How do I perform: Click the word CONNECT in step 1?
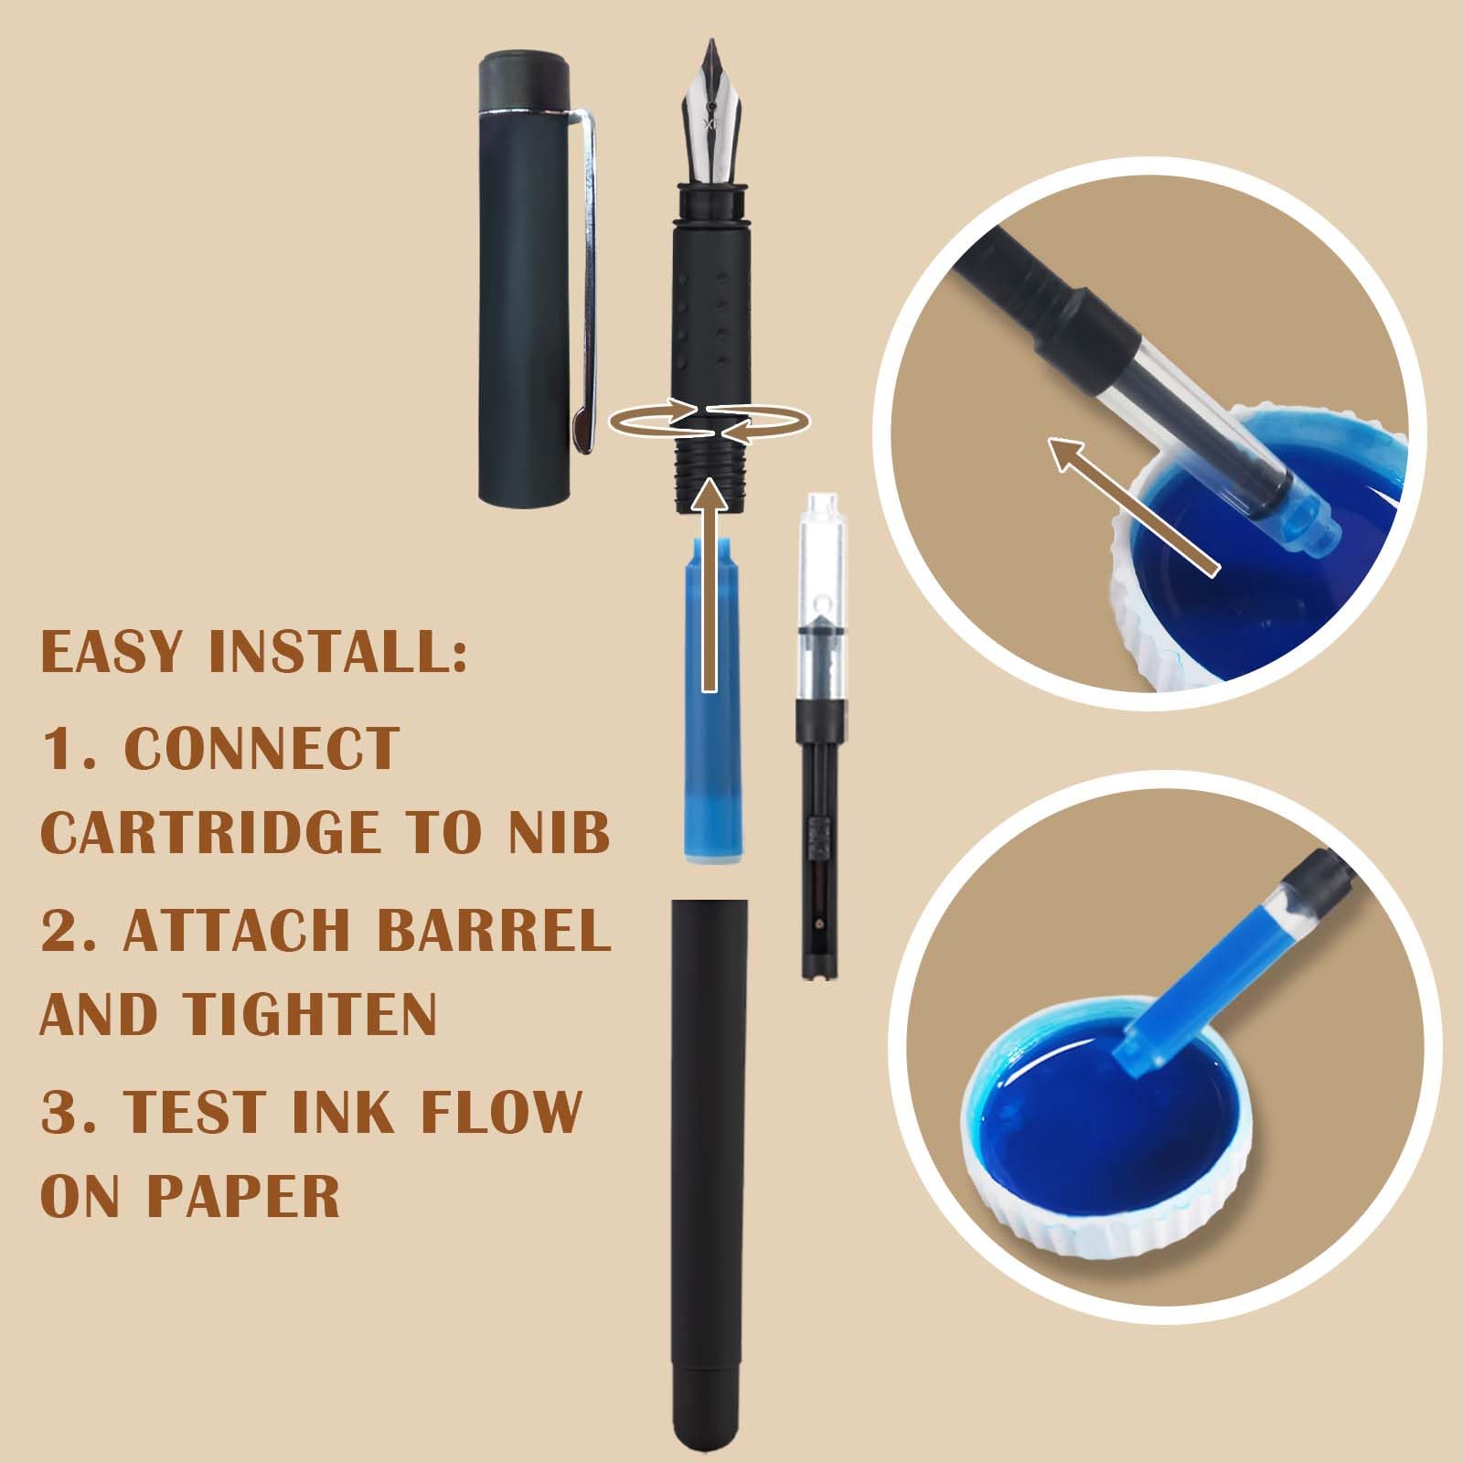coord(262,748)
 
